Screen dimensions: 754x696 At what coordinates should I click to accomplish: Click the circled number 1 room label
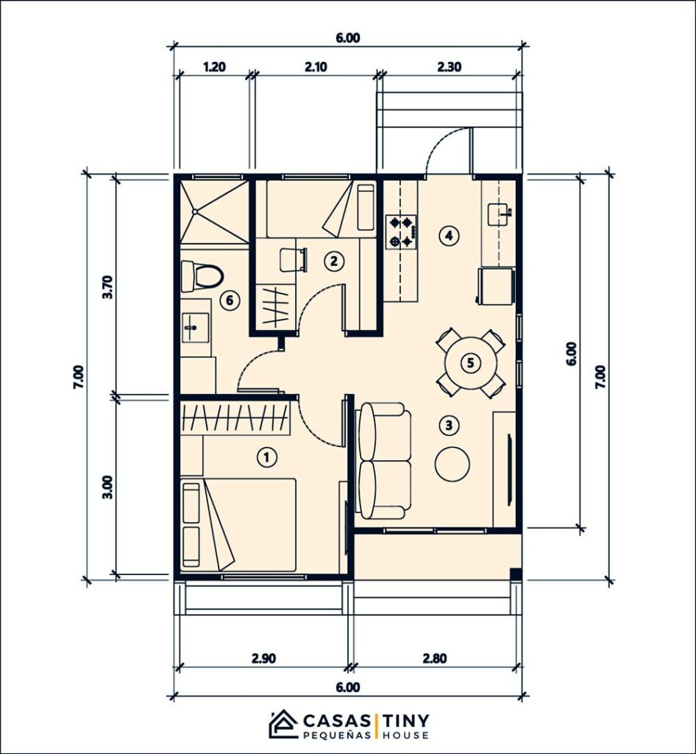click(267, 457)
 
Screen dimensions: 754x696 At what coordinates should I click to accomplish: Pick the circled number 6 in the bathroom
click(230, 300)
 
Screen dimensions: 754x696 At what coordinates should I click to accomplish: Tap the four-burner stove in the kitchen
click(402, 230)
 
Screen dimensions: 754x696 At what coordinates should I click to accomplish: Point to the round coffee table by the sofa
click(452, 462)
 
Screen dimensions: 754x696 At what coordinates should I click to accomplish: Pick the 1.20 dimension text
click(213, 66)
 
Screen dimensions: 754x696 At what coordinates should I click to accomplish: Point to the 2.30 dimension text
click(449, 66)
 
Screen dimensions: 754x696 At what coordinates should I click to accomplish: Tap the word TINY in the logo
click(405, 719)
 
